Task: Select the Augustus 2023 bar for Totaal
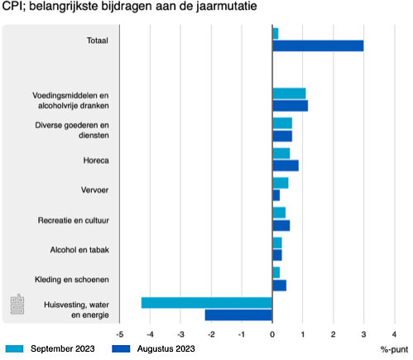[318, 46]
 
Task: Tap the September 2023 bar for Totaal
[276, 33]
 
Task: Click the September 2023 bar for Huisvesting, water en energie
[207, 302]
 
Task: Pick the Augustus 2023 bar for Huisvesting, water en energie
[238, 314]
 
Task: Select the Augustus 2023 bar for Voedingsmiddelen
[290, 106]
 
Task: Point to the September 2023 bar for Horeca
[281, 153]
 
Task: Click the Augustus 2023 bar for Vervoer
[276, 195]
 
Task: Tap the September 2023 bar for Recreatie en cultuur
[279, 213]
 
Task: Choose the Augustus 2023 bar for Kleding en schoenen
[279, 286]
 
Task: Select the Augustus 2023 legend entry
[157, 348]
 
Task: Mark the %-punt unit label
[393, 348]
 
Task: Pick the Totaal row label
[98, 41]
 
